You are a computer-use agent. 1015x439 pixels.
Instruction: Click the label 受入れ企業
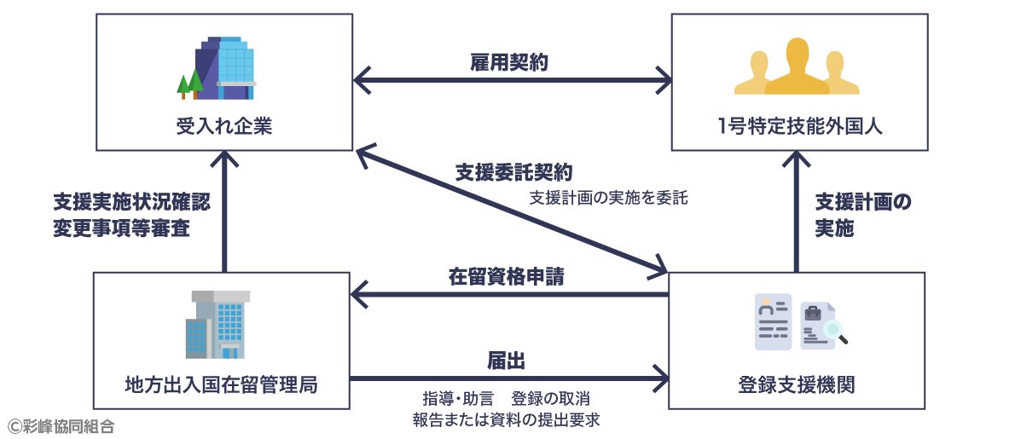223,128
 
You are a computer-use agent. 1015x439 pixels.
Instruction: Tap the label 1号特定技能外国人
799,128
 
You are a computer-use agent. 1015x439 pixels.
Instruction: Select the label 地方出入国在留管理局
221,385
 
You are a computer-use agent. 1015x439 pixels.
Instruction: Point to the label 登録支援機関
796,385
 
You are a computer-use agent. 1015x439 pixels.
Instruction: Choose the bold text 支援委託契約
513,172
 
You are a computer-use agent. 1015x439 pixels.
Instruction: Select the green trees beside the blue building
189,84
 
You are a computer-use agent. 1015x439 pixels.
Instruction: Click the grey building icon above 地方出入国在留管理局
218,324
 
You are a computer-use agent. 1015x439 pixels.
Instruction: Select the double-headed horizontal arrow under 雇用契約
513,83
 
